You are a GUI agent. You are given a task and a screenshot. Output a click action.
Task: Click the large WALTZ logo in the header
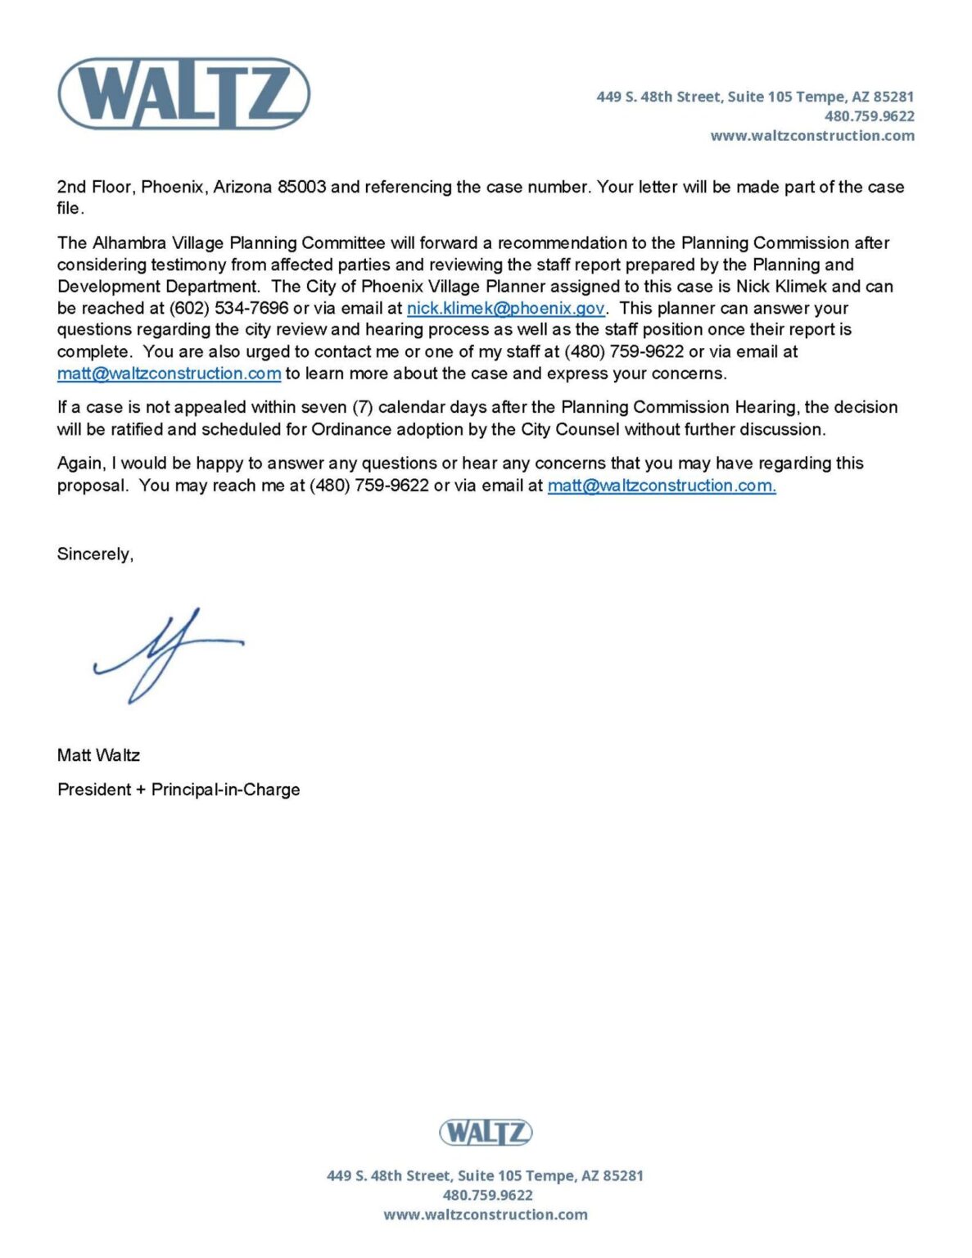point(183,93)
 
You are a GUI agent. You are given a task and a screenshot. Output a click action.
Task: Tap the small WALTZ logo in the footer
point(486,1133)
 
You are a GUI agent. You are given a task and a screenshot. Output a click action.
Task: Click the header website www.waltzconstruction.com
point(812,136)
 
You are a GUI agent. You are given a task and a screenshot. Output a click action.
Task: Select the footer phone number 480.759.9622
point(487,1195)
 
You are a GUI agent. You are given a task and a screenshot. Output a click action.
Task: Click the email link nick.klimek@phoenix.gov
point(505,309)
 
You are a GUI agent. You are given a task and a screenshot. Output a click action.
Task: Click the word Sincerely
point(95,554)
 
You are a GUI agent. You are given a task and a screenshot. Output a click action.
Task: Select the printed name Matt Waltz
point(98,755)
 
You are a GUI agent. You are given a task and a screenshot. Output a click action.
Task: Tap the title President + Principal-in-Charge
point(179,790)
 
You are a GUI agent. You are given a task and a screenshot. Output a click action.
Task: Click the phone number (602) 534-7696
point(228,309)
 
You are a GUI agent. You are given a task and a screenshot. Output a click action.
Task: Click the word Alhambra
point(129,243)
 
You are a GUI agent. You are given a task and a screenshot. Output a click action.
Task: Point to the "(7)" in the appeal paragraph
point(363,407)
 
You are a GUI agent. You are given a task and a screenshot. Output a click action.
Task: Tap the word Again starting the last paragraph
point(80,464)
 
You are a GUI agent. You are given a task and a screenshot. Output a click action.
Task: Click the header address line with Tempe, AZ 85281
point(754,97)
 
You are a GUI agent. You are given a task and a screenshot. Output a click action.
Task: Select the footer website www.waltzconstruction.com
point(485,1215)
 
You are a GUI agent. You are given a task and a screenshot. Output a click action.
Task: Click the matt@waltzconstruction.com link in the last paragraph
point(661,486)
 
